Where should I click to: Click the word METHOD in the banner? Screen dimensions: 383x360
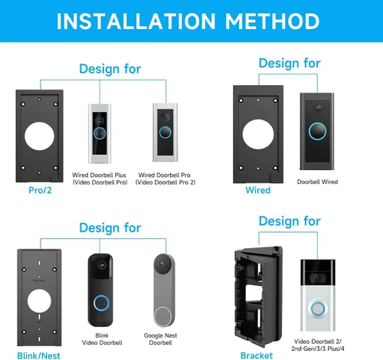272,21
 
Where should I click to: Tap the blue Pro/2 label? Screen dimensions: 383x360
40,190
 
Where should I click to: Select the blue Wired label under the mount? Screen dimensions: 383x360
258,190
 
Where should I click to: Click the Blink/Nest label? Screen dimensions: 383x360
38,355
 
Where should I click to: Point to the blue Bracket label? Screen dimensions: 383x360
257,355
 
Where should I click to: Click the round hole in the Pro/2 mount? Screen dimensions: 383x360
39,136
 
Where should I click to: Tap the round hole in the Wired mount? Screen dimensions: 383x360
258,134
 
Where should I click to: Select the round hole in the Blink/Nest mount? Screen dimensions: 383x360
39,301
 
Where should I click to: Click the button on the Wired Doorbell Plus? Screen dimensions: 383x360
100,133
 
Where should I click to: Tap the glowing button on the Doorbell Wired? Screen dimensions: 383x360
317,132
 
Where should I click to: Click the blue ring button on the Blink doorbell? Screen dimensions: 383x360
101,303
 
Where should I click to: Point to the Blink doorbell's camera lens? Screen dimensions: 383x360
101,265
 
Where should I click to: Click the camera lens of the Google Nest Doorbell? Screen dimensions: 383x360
162,263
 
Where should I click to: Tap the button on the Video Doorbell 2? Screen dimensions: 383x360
318,309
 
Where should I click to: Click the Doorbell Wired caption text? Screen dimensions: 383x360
317,182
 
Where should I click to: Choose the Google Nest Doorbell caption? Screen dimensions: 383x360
160,339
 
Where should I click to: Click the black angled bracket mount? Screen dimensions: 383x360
258,296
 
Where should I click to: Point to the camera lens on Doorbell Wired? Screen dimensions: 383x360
317,108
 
